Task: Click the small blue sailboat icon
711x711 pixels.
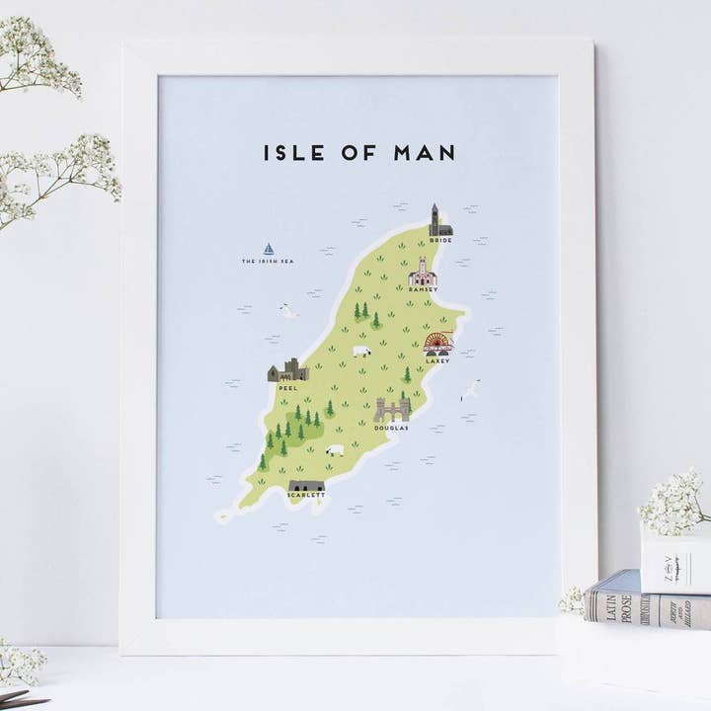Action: (268, 250)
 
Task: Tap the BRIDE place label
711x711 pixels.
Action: (440, 240)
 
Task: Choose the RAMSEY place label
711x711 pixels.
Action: (422, 289)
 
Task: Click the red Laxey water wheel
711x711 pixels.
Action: (436, 343)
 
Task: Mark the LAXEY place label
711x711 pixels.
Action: (436, 360)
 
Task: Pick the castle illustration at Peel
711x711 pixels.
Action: (287, 370)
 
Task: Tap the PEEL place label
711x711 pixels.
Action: (287, 388)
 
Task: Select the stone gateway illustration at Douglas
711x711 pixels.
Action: (391, 410)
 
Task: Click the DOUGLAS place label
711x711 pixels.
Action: (391, 428)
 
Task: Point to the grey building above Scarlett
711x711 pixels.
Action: (306, 486)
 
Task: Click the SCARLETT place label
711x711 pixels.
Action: (306, 496)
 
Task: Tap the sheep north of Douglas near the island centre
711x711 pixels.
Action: (361, 352)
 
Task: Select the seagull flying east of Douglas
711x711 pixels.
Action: (471, 390)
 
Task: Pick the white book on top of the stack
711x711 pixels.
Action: (676, 563)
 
